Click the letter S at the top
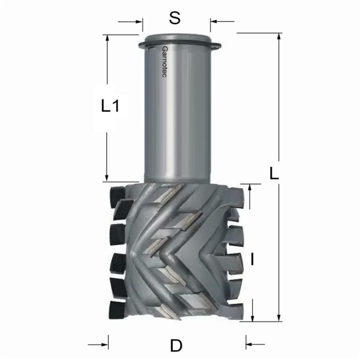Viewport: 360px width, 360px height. (175, 18)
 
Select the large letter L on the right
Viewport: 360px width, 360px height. (274, 173)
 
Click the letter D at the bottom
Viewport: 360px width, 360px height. (176, 343)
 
